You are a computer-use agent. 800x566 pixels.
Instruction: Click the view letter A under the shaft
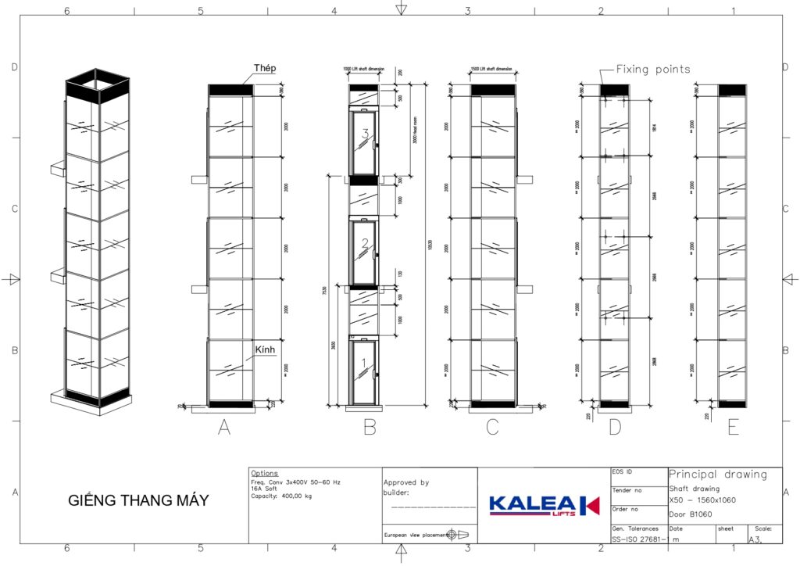[x=224, y=427]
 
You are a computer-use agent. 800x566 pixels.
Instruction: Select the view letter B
[x=370, y=427]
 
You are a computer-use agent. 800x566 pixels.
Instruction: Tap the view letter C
[x=492, y=427]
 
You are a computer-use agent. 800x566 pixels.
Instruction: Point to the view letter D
[x=615, y=427]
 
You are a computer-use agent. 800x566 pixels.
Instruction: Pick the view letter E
[x=733, y=427]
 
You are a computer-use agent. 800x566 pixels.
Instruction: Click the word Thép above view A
[x=265, y=69]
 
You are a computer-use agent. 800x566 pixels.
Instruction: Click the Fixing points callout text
[x=653, y=69]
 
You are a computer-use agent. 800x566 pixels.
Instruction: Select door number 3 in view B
[x=364, y=134]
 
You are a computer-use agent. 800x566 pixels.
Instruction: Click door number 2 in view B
[x=364, y=244]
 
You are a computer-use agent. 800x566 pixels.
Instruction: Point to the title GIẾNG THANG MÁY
[x=139, y=500]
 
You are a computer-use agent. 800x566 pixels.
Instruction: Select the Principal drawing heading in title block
[x=718, y=475]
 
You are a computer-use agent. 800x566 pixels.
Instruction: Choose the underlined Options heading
[x=264, y=474]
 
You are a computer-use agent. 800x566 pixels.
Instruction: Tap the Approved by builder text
[x=406, y=488]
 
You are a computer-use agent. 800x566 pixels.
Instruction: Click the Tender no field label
[x=627, y=490]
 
